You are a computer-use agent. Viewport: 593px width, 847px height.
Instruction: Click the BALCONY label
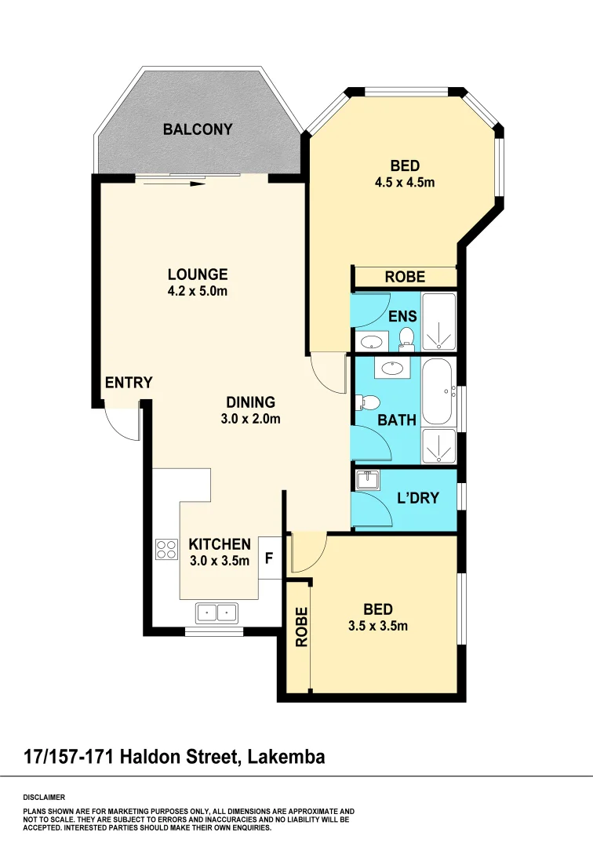point(198,129)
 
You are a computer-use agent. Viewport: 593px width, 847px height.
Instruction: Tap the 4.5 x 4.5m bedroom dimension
point(405,183)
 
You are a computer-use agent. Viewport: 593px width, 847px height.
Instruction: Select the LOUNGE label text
point(198,274)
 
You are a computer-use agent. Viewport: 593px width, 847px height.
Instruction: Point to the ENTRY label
point(129,383)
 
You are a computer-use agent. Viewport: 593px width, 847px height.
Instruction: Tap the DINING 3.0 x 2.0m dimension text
point(250,419)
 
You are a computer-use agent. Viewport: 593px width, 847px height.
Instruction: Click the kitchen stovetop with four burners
point(166,549)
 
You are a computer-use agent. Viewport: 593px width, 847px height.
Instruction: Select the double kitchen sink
point(217,612)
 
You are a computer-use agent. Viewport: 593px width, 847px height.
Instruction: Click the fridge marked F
point(269,559)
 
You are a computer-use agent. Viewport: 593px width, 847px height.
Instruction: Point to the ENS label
point(402,317)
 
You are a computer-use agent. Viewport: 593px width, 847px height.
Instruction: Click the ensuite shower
point(439,322)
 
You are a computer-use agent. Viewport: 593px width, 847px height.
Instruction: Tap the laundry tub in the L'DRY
point(367,479)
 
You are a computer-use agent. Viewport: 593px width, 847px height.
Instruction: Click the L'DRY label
point(417,497)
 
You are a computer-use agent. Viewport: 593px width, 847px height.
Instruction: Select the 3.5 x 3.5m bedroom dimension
point(378,626)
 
